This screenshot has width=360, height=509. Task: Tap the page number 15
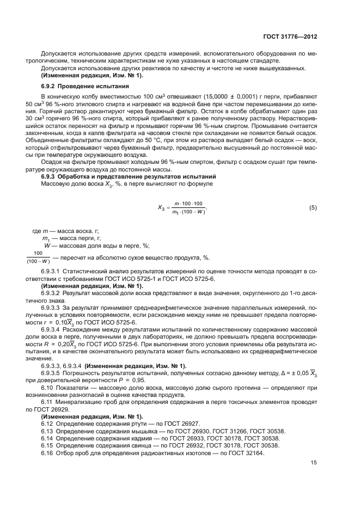coord(314,463)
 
